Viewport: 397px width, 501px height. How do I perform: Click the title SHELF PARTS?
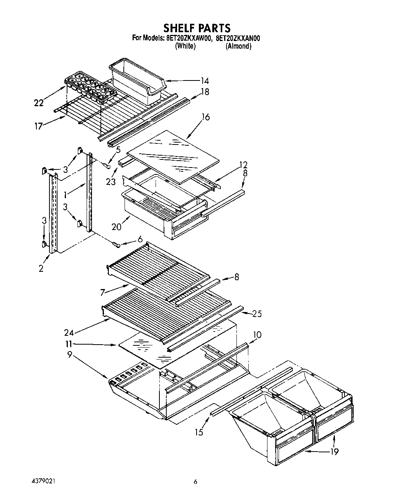pyautogui.click(x=197, y=28)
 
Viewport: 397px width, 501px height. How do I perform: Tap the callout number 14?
pyautogui.click(x=205, y=81)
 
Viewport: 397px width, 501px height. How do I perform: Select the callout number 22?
pyautogui.click(x=39, y=103)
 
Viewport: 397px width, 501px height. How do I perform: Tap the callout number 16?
pyautogui.click(x=206, y=117)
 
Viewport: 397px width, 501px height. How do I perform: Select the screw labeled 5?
pyautogui.click(x=106, y=165)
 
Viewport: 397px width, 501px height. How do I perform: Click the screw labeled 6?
pyautogui.click(x=116, y=245)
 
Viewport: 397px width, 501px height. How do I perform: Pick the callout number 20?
pyautogui.click(x=116, y=227)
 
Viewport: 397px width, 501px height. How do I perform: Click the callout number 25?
pyautogui.click(x=257, y=314)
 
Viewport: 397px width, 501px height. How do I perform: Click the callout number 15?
pyautogui.click(x=198, y=432)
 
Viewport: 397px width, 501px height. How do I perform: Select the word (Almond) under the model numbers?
pyautogui.click(x=238, y=46)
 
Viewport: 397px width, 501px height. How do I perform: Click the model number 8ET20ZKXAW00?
pyautogui.click(x=189, y=38)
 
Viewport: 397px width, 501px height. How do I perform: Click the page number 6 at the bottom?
pyautogui.click(x=195, y=482)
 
